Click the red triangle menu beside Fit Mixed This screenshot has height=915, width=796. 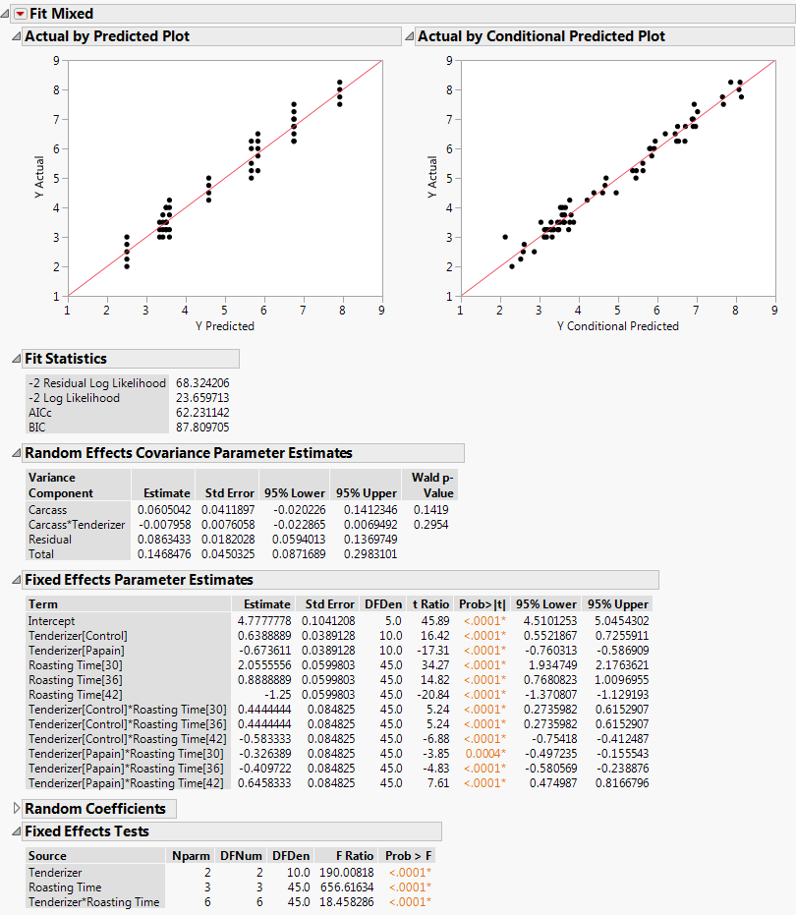click(19, 14)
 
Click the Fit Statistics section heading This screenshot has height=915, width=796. click(66, 359)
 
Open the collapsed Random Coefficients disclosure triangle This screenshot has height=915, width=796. click(16, 809)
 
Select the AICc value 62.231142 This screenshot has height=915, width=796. click(202, 413)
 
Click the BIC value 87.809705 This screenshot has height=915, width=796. click(202, 428)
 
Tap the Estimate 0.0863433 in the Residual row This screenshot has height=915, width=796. click(166, 540)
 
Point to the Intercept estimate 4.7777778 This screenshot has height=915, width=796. click(262, 621)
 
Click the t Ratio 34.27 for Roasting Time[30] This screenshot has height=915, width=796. click(433, 665)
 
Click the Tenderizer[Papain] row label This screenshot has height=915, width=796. click(78, 651)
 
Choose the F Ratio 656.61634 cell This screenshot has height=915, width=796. click(345, 886)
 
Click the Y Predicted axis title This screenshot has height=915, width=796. click(224, 326)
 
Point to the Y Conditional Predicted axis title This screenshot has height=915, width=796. click(617, 326)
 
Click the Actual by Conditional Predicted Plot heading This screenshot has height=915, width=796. click(541, 36)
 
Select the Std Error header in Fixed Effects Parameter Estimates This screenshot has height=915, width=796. click(329, 604)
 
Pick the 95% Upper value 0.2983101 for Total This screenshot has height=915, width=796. click(366, 554)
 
